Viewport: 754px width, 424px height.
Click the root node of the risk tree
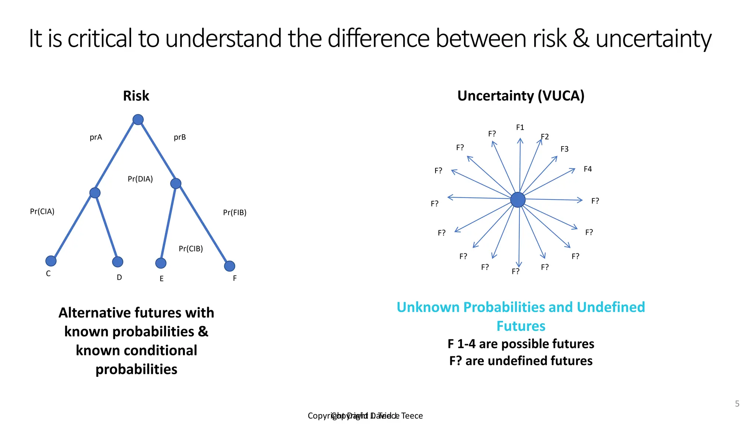(138, 120)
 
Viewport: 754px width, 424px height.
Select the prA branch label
(96, 137)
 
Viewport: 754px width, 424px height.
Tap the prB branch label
(180, 137)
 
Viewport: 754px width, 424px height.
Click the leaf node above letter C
(51, 261)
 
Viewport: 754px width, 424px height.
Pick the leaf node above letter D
(117, 262)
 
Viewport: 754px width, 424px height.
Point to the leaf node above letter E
(161, 263)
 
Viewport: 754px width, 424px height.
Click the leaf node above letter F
(229, 266)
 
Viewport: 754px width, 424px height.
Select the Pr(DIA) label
(140, 179)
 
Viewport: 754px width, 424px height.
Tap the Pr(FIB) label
(235, 212)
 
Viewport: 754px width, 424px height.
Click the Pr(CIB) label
(191, 249)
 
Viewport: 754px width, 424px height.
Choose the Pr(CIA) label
(42, 212)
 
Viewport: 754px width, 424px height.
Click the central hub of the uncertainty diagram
(518, 200)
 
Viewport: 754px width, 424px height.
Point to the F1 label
(520, 127)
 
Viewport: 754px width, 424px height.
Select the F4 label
(588, 169)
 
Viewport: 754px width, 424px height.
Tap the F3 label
(564, 149)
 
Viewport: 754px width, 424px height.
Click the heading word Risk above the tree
(136, 96)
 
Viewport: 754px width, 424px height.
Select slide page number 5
(737, 404)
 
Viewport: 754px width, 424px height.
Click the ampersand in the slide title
(581, 39)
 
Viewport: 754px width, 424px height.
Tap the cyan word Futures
(521, 326)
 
